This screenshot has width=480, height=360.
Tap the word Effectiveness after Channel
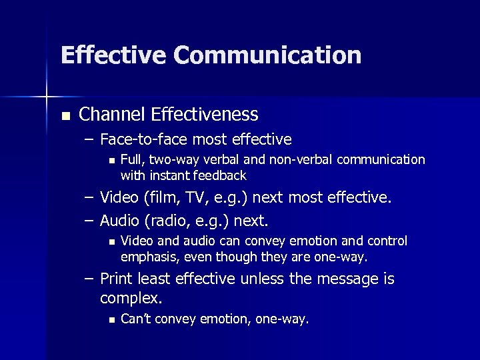tap(204, 115)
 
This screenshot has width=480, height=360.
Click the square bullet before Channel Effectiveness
tap(65, 116)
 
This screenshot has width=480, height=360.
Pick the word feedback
tap(221, 175)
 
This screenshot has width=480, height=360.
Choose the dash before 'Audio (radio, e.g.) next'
tap(89, 221)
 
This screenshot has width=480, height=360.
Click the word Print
tap(117, 279)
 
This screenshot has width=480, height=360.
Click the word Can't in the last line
tap(136, 319)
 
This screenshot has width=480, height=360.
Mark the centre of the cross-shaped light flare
tap(47, 97)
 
